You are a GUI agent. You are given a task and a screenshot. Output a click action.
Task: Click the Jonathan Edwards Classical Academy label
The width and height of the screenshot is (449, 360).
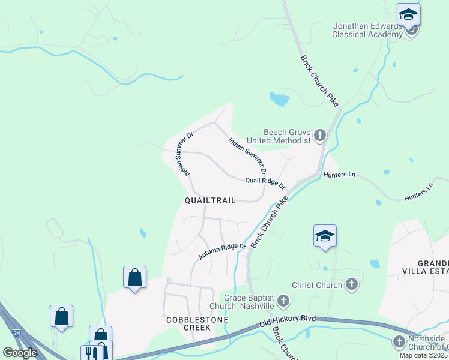[367, 30]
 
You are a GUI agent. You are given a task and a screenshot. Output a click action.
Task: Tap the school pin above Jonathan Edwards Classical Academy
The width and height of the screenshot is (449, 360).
[408, 14]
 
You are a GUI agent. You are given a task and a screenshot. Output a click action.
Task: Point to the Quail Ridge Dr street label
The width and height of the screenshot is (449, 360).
[265, 182]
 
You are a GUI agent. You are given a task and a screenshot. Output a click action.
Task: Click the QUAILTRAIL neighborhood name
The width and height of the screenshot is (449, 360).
[209, 200]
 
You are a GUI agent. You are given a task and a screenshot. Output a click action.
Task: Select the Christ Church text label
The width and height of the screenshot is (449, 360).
[317, 285]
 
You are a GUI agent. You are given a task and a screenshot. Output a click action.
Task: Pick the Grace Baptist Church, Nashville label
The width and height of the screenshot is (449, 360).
[249, 302]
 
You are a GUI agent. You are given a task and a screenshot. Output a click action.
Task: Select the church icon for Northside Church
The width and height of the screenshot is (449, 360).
[399, 342]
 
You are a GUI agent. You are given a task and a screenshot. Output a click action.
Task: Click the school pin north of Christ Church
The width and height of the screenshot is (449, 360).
[325, 235]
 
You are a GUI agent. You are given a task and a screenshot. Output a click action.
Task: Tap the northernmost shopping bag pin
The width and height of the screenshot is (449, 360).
[134, 278]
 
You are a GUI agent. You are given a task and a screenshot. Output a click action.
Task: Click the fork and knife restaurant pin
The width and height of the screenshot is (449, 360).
[91, 353]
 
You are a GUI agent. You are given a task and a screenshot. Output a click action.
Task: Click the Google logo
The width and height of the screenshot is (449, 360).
[20, 353]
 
